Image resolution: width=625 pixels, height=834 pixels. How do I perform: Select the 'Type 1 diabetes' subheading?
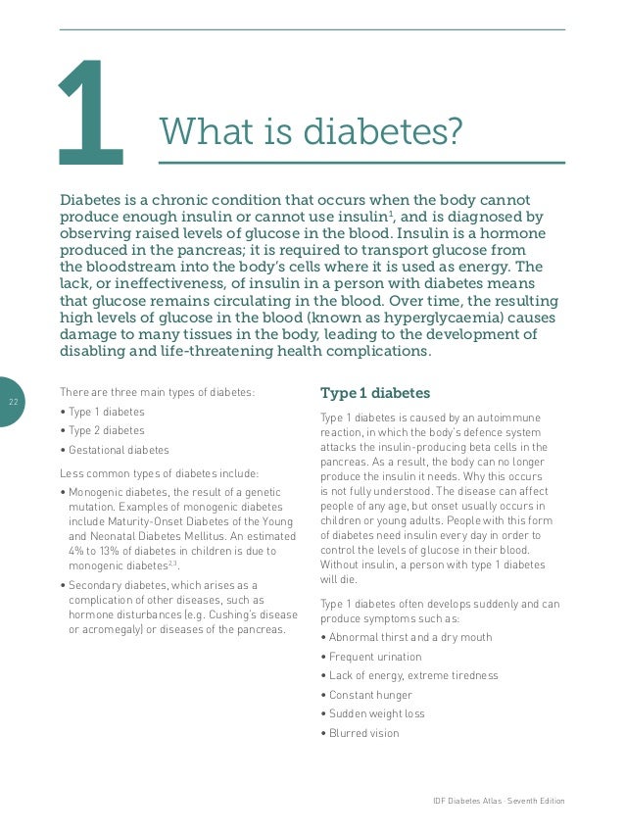point(375,394)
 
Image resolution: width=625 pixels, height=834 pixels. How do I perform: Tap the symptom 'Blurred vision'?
point(360,733)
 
